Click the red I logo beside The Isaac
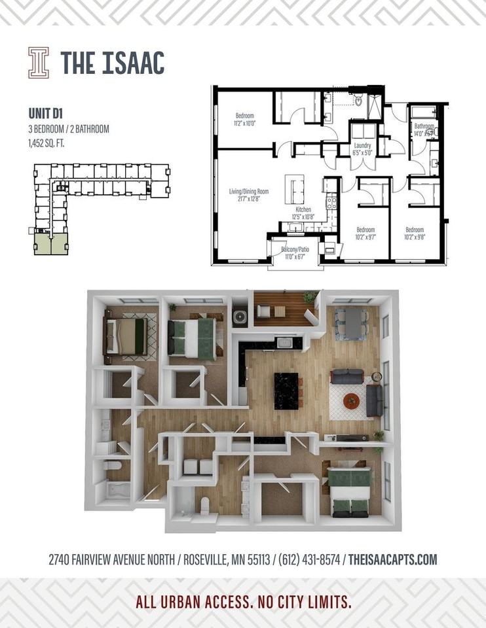(x=38, y=63)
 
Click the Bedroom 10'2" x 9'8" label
(x=414, y=234)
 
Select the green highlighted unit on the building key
(x=50, y=245)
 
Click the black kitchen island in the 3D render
(x=286, y=390)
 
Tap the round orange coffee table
(x=351, y=400)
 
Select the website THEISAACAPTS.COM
(x=392, y=559)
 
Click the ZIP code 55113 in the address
(x=257, y=559)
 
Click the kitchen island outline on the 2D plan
(x=294, y=189)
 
